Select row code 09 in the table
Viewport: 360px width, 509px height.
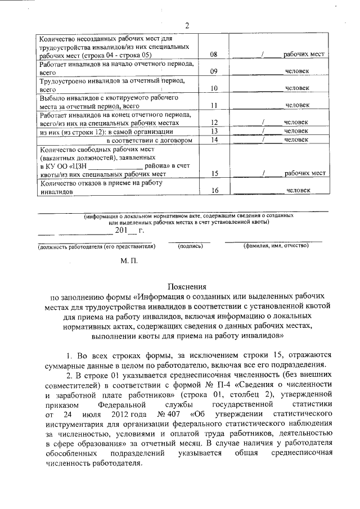click(x=214, y=73)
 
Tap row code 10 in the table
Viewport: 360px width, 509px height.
click(x=214, y=89)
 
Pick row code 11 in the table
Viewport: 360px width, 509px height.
click(x=214, y=105)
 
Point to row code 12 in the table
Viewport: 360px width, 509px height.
click(x=214, y=122)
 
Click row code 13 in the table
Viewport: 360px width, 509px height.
click(x=214, y=131)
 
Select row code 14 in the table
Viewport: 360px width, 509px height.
click(x=214, y=140)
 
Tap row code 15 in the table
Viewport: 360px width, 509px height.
click(x=214, y=174)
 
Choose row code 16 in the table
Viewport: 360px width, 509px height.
click(x=214, y=191)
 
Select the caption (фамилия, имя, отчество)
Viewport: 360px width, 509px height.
click(x=276, y=246)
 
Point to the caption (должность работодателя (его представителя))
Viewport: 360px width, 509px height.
click(x=96, y=246)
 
